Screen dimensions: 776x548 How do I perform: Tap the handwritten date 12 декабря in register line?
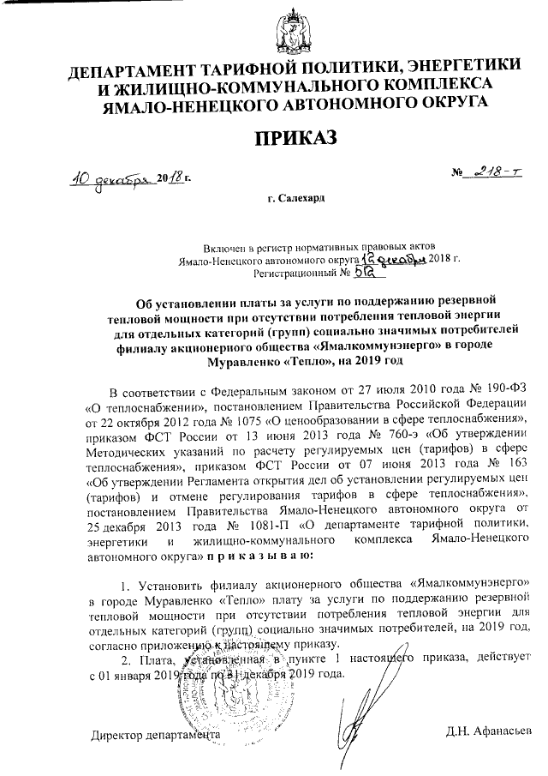coord(390,258)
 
